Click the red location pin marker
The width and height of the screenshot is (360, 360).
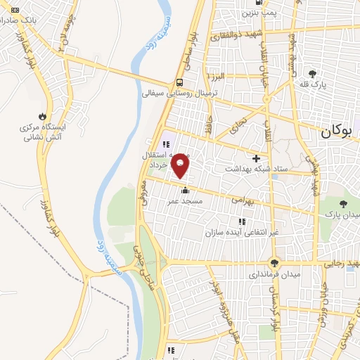(x=181, y=165)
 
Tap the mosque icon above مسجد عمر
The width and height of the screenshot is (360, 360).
(x=185, y=189)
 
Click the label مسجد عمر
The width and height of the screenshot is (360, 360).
(x=185, y=201)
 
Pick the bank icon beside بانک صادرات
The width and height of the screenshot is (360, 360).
(x=15, y=9)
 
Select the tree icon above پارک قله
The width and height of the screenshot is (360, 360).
(x=313, y=72)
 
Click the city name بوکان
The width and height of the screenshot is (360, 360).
(x=340, y=131)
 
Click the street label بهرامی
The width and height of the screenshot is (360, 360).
(x=242, y=200)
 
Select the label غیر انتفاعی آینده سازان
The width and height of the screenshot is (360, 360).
(x=242, y=232)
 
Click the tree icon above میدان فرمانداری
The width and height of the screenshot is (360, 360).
(x=264, y=264)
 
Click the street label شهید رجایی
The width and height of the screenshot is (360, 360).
(x=342, y=264)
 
